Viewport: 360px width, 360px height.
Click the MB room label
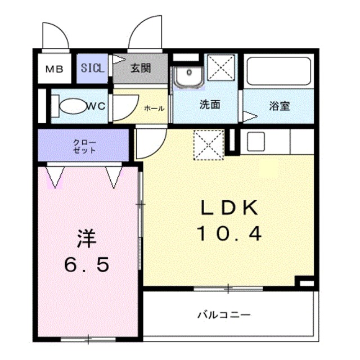(55, 70)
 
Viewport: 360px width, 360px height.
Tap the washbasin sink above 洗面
(188, 76)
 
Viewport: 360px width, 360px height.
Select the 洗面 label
(209, 105)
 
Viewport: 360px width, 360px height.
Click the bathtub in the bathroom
(279, 71)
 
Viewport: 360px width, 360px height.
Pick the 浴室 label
(280, 105)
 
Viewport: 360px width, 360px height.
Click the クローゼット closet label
(84, 146)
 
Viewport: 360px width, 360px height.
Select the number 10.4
(229, 232)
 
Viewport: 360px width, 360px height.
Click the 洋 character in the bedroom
(87, 239)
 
